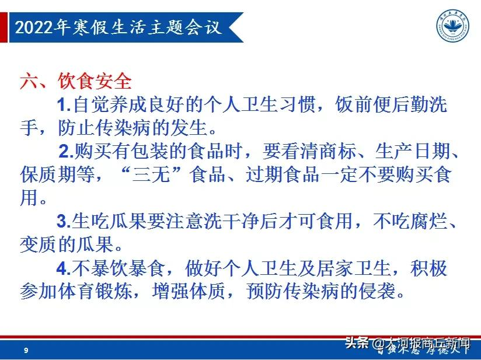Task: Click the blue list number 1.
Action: click(63, 106)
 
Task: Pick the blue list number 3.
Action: click(63, 222)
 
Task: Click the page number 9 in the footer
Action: click(26, 351)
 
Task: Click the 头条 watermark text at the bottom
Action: click(356, 342)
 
